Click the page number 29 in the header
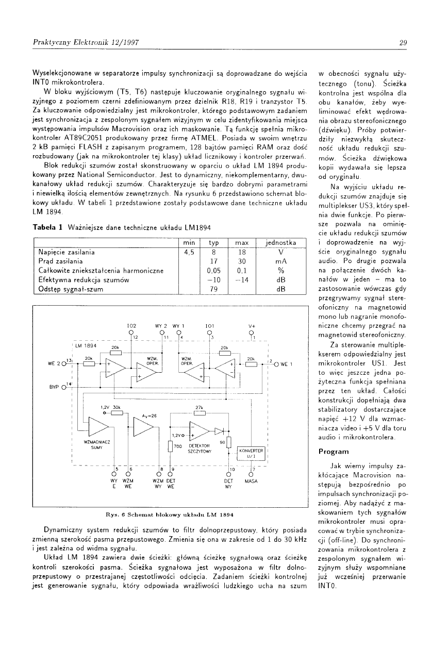click(403, 43)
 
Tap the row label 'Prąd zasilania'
click(60, 261)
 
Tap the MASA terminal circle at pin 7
click(251, 474)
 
